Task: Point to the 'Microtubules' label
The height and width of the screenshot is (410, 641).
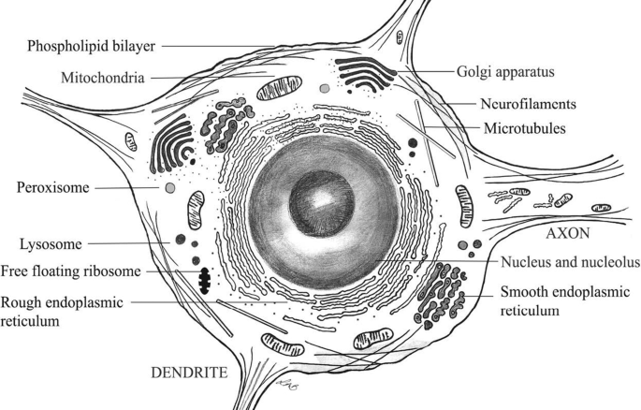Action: [525, 128]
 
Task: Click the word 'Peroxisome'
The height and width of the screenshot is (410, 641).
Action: [52, 188]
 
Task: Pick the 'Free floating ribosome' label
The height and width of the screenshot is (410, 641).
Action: [83, 271]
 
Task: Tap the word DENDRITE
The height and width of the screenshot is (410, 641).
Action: [189, 373]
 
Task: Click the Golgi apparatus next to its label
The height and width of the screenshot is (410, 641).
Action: [368, 72]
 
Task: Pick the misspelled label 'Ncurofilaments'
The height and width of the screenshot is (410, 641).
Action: [520, 104]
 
